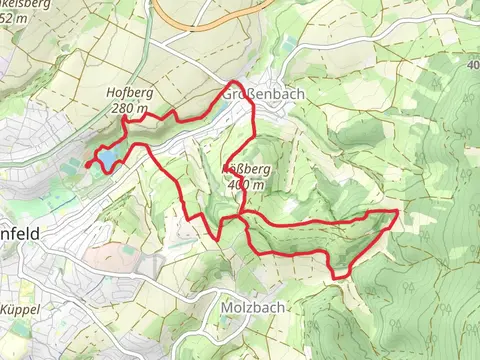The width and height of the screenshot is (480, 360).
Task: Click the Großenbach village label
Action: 263,93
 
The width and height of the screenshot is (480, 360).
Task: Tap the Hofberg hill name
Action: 127,94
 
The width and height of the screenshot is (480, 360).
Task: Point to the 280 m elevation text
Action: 130,108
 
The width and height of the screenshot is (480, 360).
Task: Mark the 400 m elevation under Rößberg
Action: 246,185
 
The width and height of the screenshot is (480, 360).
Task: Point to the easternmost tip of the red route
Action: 398,212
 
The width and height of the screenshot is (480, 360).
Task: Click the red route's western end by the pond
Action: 89,162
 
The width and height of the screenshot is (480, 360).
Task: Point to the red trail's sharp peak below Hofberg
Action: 124,119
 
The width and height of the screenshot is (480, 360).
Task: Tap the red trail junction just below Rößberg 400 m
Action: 241,213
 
